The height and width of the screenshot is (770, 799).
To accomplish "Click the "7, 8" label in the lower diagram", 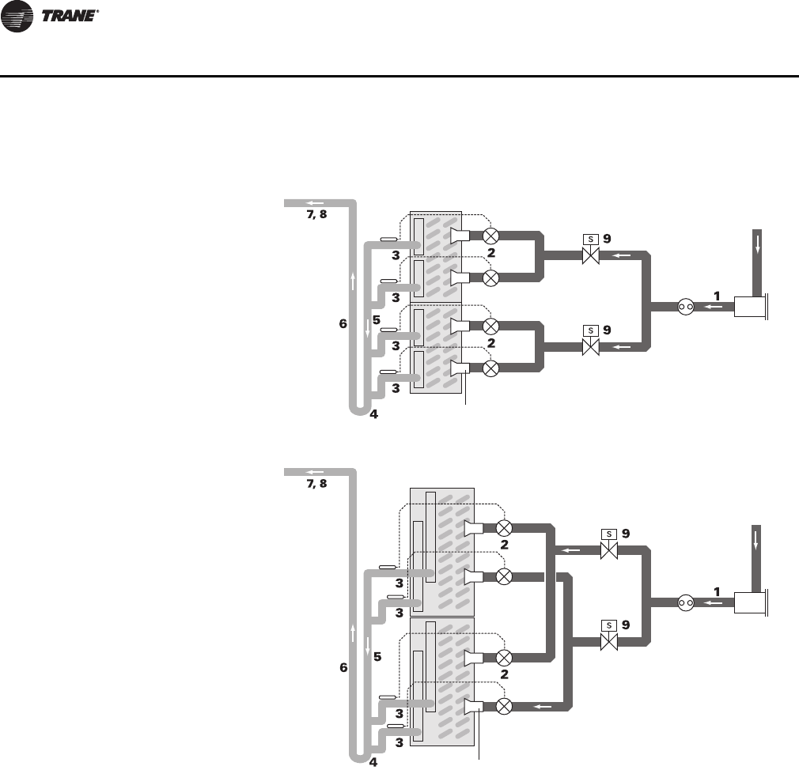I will (x=316, y=483).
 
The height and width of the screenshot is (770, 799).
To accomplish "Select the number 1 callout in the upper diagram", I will (x=717, y=295).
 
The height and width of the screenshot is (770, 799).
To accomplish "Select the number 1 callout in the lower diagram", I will (x=717, y=591).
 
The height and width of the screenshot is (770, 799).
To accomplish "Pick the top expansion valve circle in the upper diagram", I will (x=491, y=235).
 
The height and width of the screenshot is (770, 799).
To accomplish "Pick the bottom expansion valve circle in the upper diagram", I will (x=491, y=368).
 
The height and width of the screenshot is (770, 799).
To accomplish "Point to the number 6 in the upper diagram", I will (x=343, y=323).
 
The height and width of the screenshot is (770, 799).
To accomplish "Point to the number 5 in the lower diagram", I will (x=377, y=656).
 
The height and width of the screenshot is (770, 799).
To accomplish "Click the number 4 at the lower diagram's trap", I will (x=373, y=762).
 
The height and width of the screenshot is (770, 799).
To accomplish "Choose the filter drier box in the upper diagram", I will (x=748, y=306).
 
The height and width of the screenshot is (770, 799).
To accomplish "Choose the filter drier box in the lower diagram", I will (x=748, y=602).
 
